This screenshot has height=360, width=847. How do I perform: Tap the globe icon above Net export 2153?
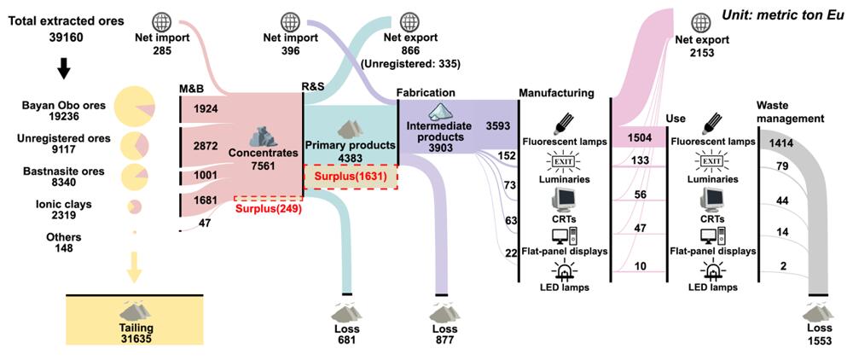702,24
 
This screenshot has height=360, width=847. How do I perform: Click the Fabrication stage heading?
426,91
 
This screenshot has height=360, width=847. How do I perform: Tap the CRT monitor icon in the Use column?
711,199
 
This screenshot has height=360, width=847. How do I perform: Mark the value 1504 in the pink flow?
640,138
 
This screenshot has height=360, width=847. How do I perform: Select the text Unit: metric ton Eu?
782,15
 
